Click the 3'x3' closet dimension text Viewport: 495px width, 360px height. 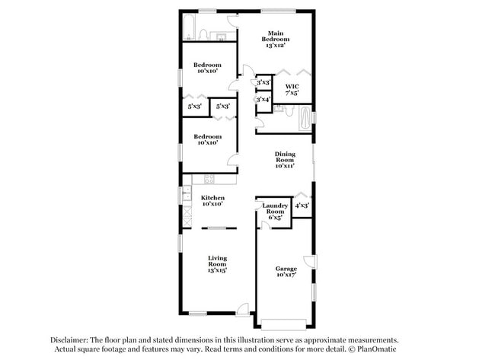coord(263,82)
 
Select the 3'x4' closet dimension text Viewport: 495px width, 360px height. coord(263,99)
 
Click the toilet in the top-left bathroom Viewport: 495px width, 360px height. coord(203,33)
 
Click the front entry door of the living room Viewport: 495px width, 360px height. coord(242,308)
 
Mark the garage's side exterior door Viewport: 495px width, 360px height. coord(308,260)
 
